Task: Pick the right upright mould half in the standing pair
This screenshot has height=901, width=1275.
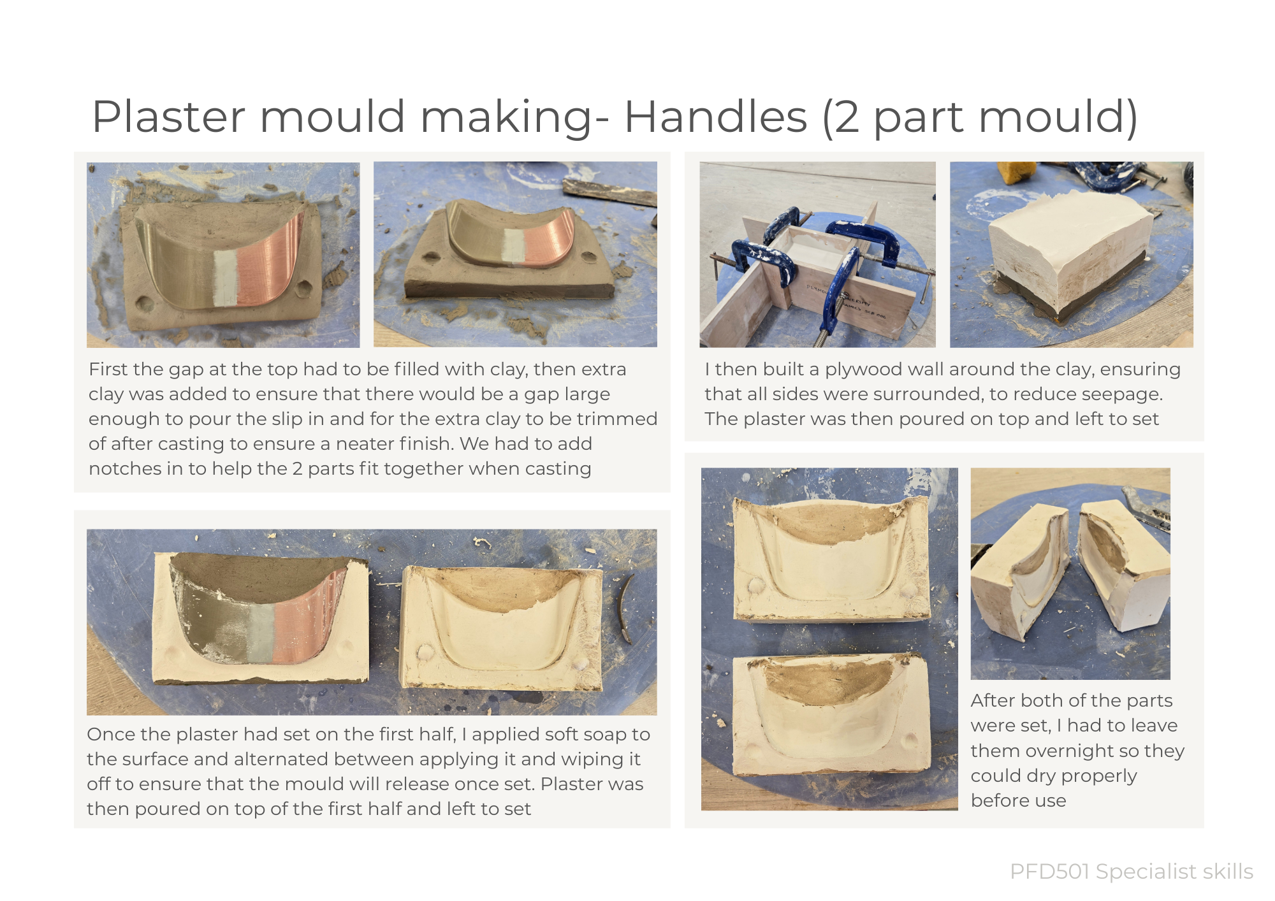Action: (x=1123, y=564)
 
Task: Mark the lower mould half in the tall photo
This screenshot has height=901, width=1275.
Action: (x=831, y=716)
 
